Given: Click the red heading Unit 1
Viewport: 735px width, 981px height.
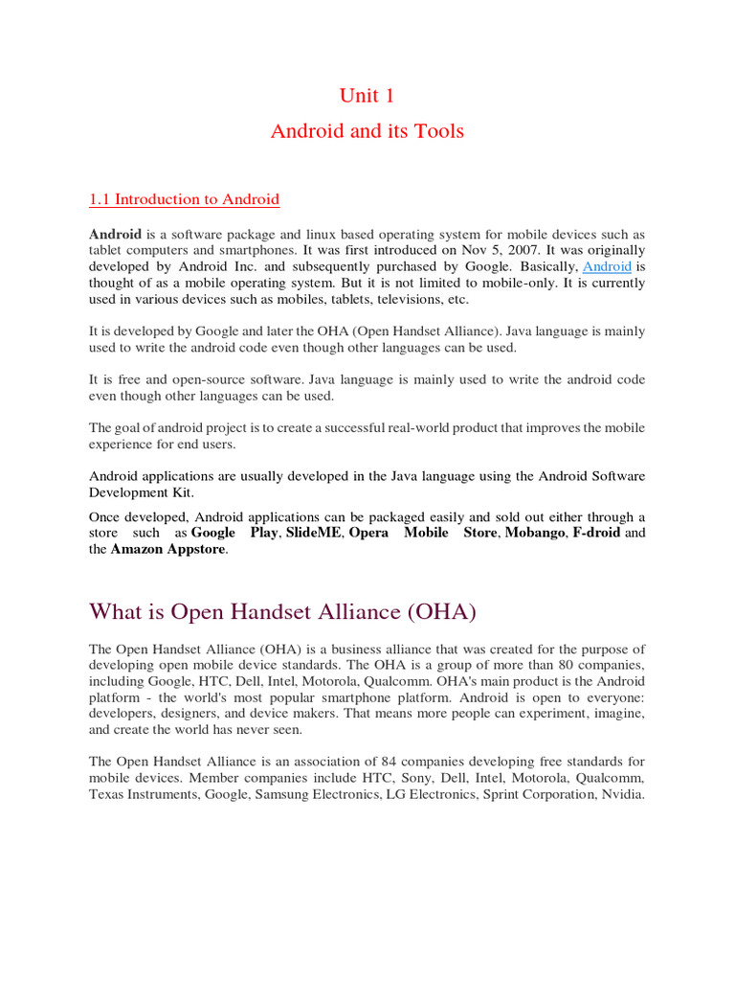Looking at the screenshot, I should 367,96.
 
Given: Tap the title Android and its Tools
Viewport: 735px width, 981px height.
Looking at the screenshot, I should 367,131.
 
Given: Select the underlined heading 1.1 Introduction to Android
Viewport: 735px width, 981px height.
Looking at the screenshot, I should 184,199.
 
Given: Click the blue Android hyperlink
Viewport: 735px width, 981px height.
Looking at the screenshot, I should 607,266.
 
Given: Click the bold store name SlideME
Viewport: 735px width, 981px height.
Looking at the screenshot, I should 313,533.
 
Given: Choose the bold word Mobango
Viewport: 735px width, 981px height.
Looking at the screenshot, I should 534,533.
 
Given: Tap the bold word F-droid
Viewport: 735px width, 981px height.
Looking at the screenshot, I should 597,533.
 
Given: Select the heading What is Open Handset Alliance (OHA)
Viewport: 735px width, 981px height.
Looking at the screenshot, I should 282,610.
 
